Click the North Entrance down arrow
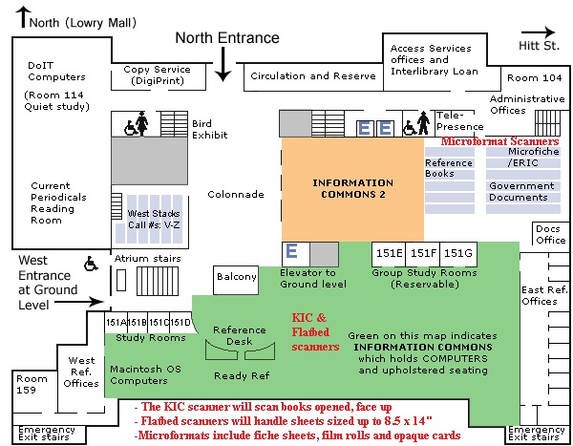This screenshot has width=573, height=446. [x=223, y=64]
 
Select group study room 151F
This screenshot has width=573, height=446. [x=423, y=253]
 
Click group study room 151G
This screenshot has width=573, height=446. [x=458, y=253]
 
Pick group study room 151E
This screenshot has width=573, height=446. [x=389, y=253]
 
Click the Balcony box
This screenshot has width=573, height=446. [x=237, y=277]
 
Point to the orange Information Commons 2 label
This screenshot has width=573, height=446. [x=352, y=187]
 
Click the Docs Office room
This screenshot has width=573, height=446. [x=550, y=234]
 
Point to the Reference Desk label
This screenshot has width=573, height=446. [x=240, y=335]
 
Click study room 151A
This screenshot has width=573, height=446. [x=116, y=322]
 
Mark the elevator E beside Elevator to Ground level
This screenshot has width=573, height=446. [x=292, y=252]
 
